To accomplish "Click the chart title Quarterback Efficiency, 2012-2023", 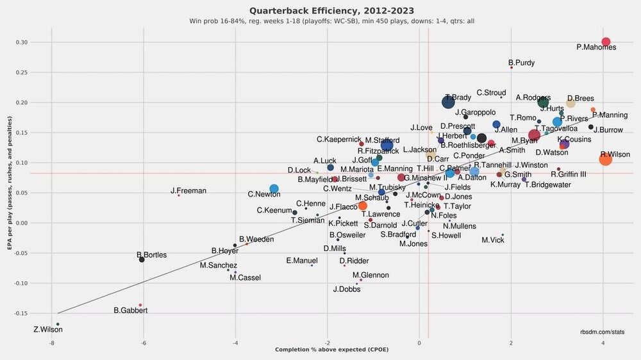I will coord(331,10).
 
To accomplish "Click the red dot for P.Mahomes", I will coord(605,42).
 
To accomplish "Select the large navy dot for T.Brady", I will coord(449,102).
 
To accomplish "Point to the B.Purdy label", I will coord(521,63).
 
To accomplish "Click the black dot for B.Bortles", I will coord(142,259).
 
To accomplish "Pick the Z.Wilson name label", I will coord(48,330).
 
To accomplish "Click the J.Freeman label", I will coord(188,190).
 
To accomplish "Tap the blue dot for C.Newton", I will coord(274,189).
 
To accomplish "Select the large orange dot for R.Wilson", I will coord(605,159).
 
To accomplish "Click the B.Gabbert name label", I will coord(131,311).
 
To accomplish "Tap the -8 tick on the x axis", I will coord(51,343).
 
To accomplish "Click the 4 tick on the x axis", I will coord(603,343).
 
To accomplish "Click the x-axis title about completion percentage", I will coord(332,350).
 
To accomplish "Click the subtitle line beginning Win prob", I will coord(331,21).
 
